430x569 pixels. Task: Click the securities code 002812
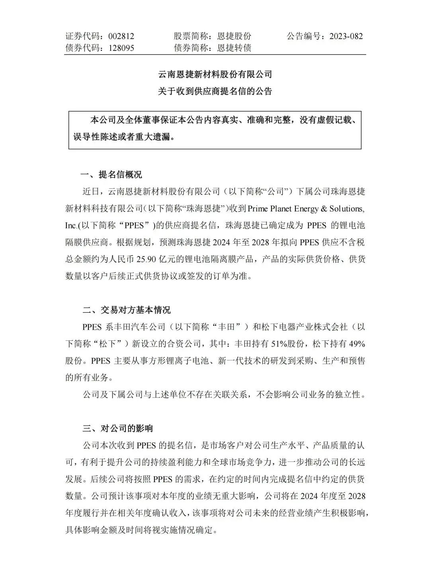(x=121, y=36)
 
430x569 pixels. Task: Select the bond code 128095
(x=121, y=48)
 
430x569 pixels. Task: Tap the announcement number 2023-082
(x=346, y=36)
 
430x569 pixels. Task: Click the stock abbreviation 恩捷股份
(x=235, y=36)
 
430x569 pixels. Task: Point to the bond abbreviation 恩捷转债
(x=235, y=48)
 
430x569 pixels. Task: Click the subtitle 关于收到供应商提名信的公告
(x=215, y=91)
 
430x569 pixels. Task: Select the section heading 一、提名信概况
(x=112, y=174)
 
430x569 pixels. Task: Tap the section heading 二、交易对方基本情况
(x=126, y=310)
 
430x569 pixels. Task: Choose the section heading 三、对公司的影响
(x=117, y=428)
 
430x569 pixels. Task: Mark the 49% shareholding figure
(x=356, y=344)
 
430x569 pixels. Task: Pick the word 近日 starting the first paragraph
(x=91, y=192)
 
